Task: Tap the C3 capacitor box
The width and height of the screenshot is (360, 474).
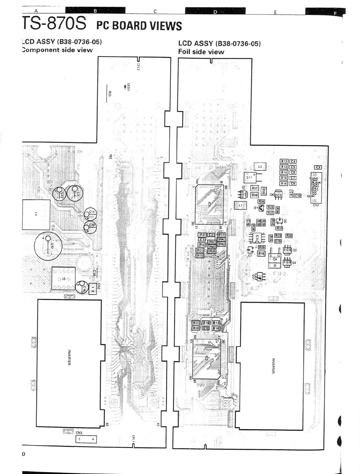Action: click(318, 167)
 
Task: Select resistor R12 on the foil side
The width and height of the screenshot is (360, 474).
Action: click(284, 161)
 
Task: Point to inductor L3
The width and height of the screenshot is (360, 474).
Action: click(260, 167)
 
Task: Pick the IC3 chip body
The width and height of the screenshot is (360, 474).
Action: click(257, 237)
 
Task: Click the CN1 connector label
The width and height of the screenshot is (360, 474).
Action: click(316, 205)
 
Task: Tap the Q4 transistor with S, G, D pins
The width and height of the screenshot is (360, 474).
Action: click(275, 260)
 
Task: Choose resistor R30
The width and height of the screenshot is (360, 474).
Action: click(289, 236)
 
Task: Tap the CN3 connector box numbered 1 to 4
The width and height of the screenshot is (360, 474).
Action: click(86, 439)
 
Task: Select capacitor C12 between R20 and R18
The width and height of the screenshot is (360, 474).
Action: click(206, 328)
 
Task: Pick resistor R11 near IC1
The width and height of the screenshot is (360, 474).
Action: click(221, 235)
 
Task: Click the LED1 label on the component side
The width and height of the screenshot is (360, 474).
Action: click(128, 87)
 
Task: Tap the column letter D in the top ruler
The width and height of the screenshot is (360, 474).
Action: click(215, 12)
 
